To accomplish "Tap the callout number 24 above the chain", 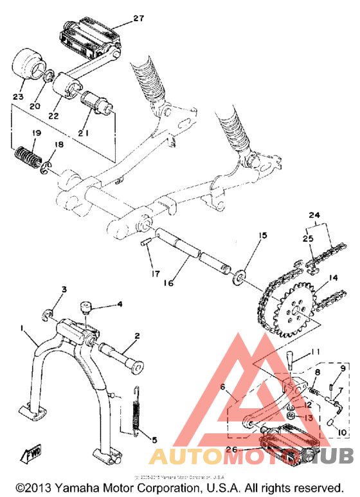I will tap(314, 215).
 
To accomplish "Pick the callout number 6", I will tap(223, 387).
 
